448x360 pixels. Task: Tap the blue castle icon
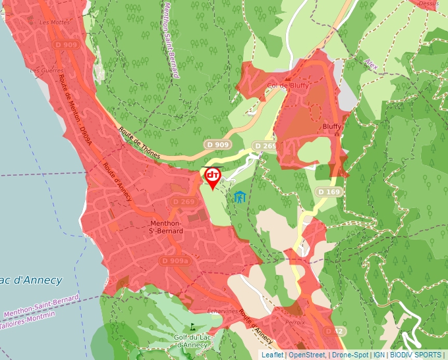coord(238,196)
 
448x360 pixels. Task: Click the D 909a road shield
coord(175,261)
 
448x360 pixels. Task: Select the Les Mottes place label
coord(54,22)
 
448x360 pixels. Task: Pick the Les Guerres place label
coord(44,70)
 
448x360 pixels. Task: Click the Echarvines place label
coord(222,311)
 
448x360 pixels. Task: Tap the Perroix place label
coord(295,322)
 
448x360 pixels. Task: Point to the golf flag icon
coord(192,326)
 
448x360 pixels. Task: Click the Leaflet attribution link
coord(272,355)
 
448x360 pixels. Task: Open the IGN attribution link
coord(379,355)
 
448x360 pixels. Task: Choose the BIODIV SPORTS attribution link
coord(416,355)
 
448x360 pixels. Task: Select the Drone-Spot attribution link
coord(350,355)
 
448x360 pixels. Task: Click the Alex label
coord(372,63)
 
